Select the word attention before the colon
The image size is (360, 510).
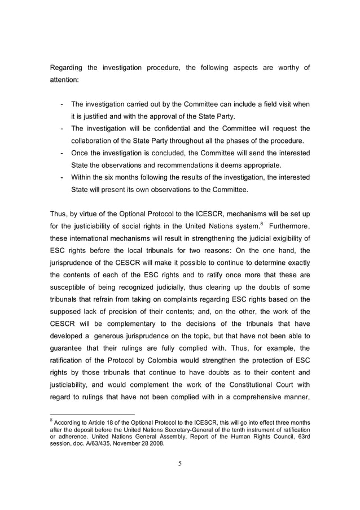point(64,80)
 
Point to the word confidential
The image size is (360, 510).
point(175,129)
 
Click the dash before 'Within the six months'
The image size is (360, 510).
point(61,177)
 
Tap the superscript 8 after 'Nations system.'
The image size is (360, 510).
point(261,224)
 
